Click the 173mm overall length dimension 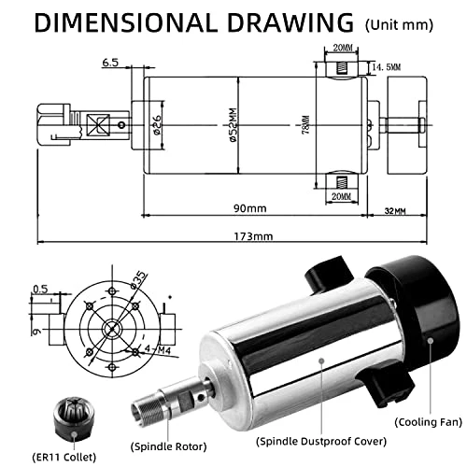tap(253, 236)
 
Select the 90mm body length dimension tap(250, 208)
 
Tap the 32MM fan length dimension tap(395, 211)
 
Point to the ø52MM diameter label tap(233, 125)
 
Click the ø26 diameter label tap(157, 125)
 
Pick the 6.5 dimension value tap(110, 63)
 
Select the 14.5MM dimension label tap(387, 67)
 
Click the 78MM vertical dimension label tap(306, 125)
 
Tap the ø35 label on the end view tap(138, 279)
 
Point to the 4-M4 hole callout tap(159, 349)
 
